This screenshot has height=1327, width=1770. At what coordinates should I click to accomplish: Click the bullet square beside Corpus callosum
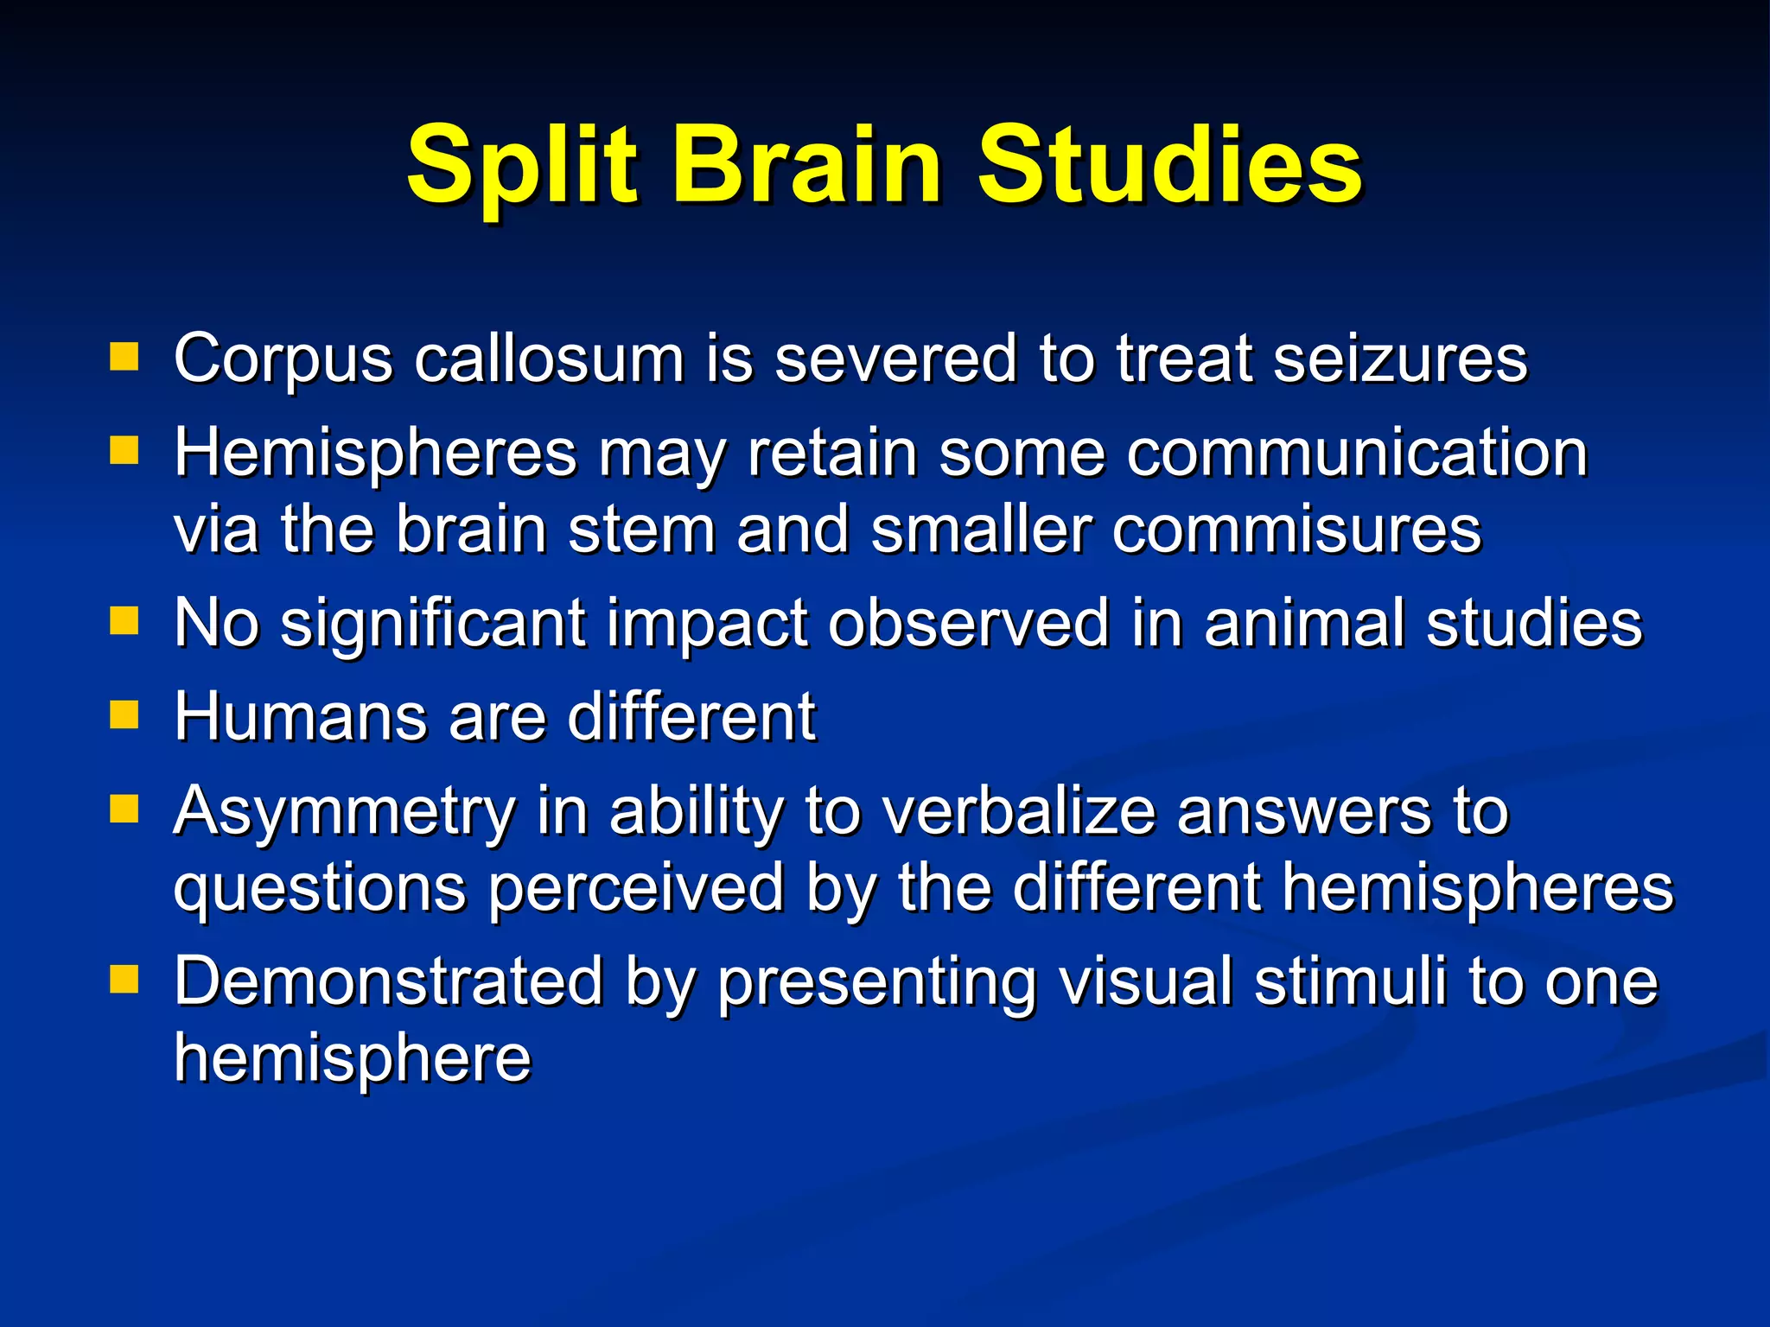[124, 356]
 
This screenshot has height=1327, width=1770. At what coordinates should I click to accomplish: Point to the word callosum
[549, 358]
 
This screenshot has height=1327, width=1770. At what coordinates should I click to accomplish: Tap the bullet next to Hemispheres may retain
[124, 450]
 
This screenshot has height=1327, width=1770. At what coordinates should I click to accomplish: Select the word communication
[1357, 453]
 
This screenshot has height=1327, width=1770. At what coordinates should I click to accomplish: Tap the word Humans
[300, 716]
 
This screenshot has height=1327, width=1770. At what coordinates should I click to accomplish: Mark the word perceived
[635, 888]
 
